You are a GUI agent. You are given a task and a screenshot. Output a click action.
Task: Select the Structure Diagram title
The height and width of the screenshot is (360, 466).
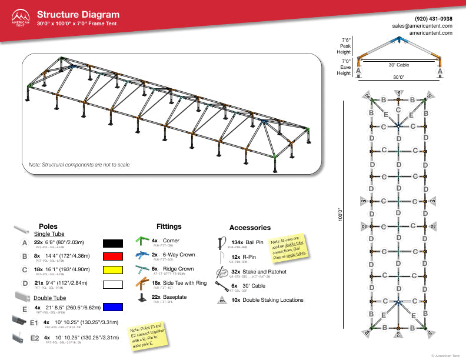point(78,15)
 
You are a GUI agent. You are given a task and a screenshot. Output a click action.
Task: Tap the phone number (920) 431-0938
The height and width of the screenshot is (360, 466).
point(434,19)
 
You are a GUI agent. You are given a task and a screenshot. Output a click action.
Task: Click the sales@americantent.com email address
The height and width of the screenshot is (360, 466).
point(422,26)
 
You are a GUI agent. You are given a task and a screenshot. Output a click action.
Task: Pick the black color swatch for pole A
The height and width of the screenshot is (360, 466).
point(112,242)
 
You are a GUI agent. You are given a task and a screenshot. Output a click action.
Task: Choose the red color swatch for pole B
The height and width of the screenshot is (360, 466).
point(112,256)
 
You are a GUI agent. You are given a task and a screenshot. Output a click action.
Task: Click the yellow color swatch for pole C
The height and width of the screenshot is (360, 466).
point(112,271)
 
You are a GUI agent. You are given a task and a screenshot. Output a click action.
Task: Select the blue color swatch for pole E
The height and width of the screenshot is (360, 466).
point(112,306)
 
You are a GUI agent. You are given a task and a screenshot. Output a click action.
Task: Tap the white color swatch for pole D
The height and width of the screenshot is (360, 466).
point(112,285)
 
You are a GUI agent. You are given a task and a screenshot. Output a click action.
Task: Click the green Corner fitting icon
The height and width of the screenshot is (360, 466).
point(141,241)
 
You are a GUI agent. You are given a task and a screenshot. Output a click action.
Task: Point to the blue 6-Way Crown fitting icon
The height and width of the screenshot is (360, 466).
point(141,255)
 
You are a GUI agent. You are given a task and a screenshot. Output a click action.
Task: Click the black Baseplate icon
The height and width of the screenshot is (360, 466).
point(141,298)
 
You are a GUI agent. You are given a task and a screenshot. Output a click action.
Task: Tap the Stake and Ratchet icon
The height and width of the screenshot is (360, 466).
point(222,272)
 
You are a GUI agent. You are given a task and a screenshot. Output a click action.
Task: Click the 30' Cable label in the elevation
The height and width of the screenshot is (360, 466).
point(398,65)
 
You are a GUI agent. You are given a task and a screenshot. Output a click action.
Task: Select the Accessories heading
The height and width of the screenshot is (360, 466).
point(249,228)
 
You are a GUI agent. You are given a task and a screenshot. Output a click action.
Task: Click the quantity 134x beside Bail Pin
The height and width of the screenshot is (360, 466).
point(237,242)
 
